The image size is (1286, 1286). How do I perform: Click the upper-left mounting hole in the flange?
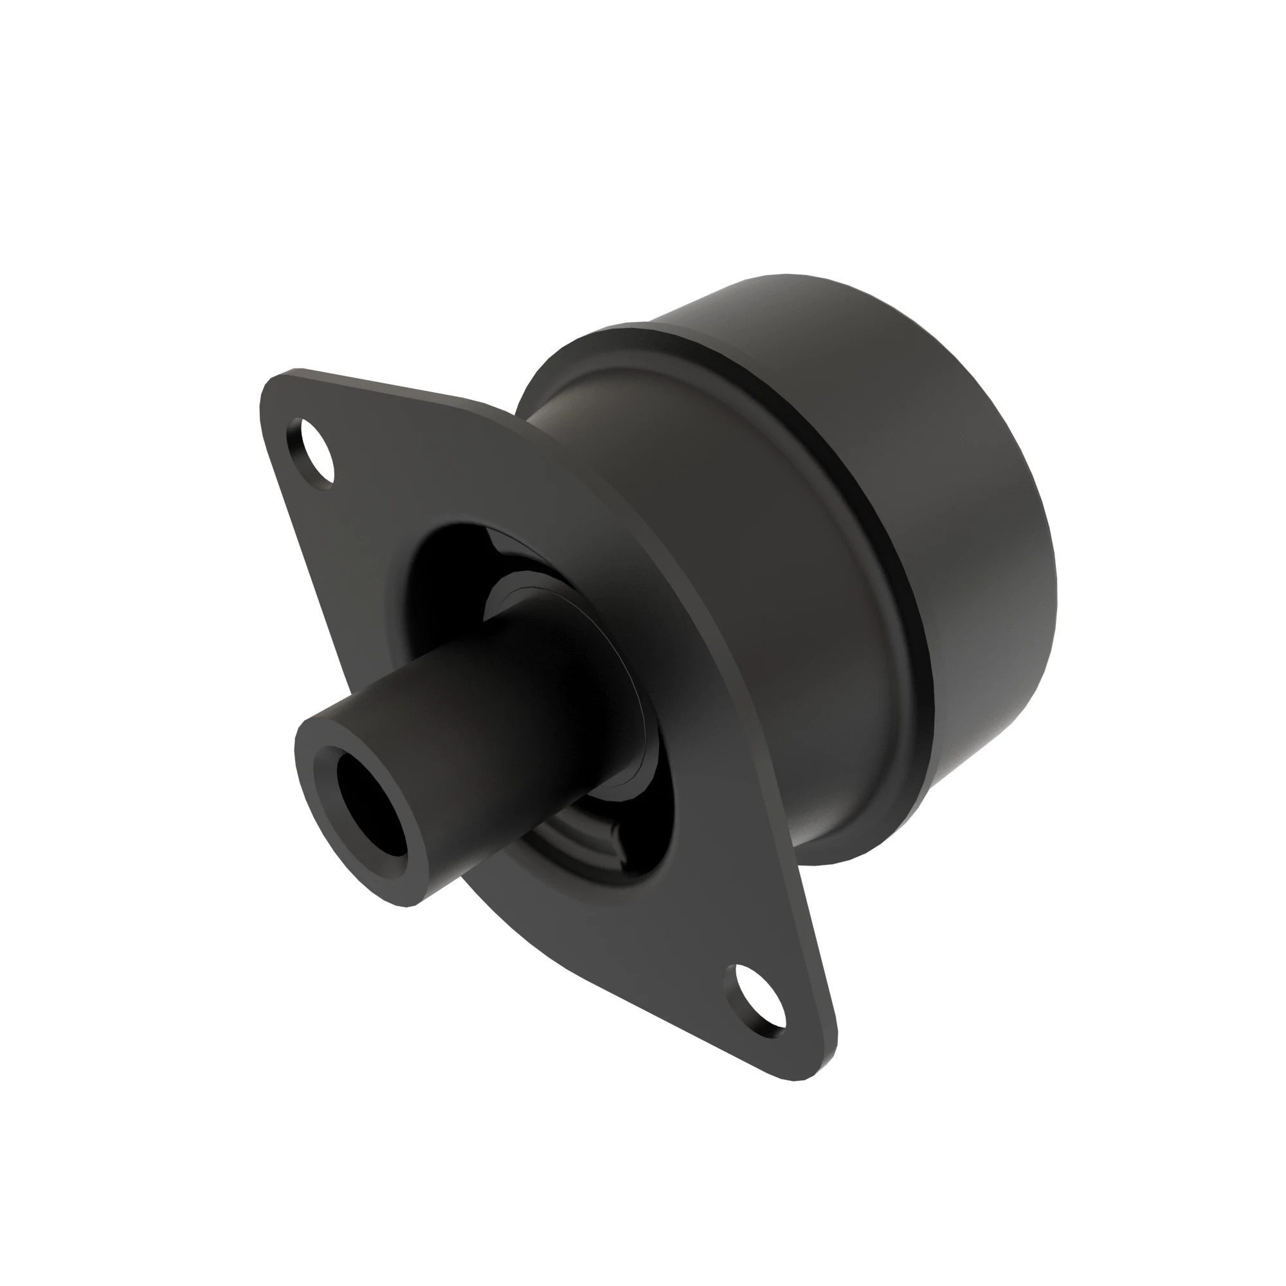tap(310, 453)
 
